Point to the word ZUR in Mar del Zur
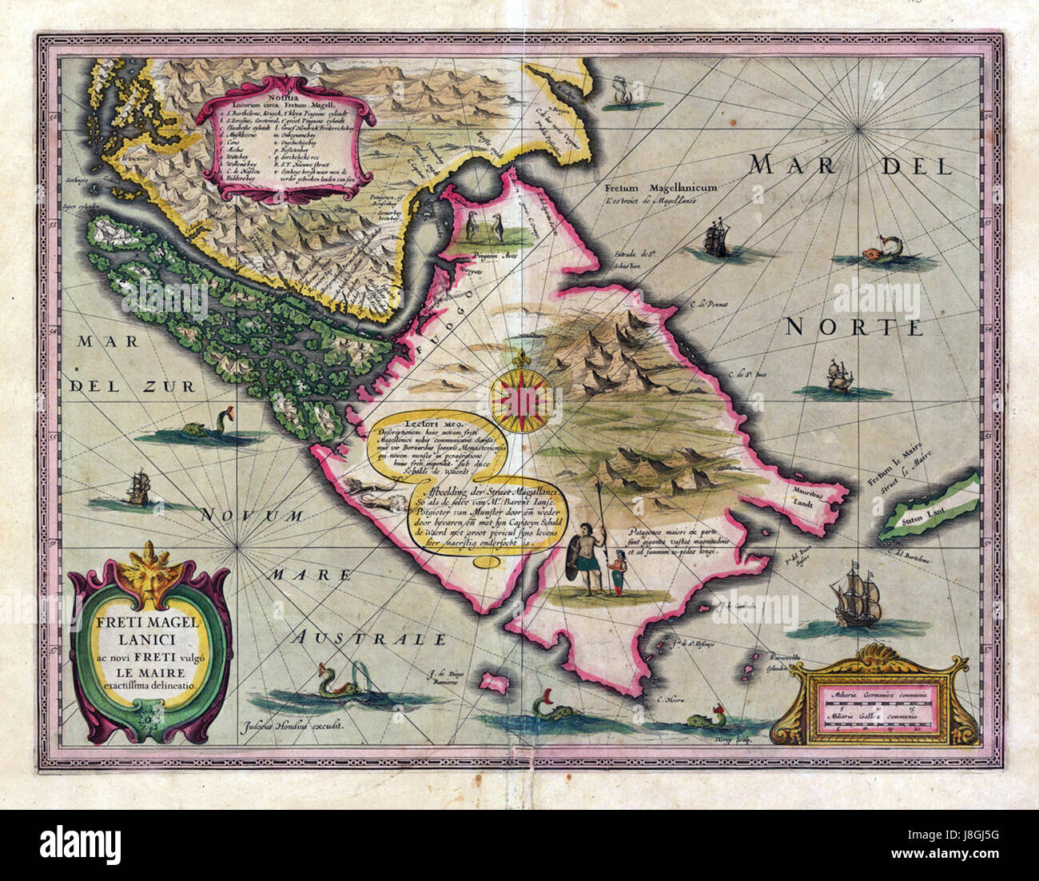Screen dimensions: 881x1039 (x=157, y=386)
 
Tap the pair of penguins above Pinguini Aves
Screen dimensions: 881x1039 (x=487, y=229)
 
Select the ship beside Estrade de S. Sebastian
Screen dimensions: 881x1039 (x=715, y=239)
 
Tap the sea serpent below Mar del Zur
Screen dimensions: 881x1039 (x=209, y=428)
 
